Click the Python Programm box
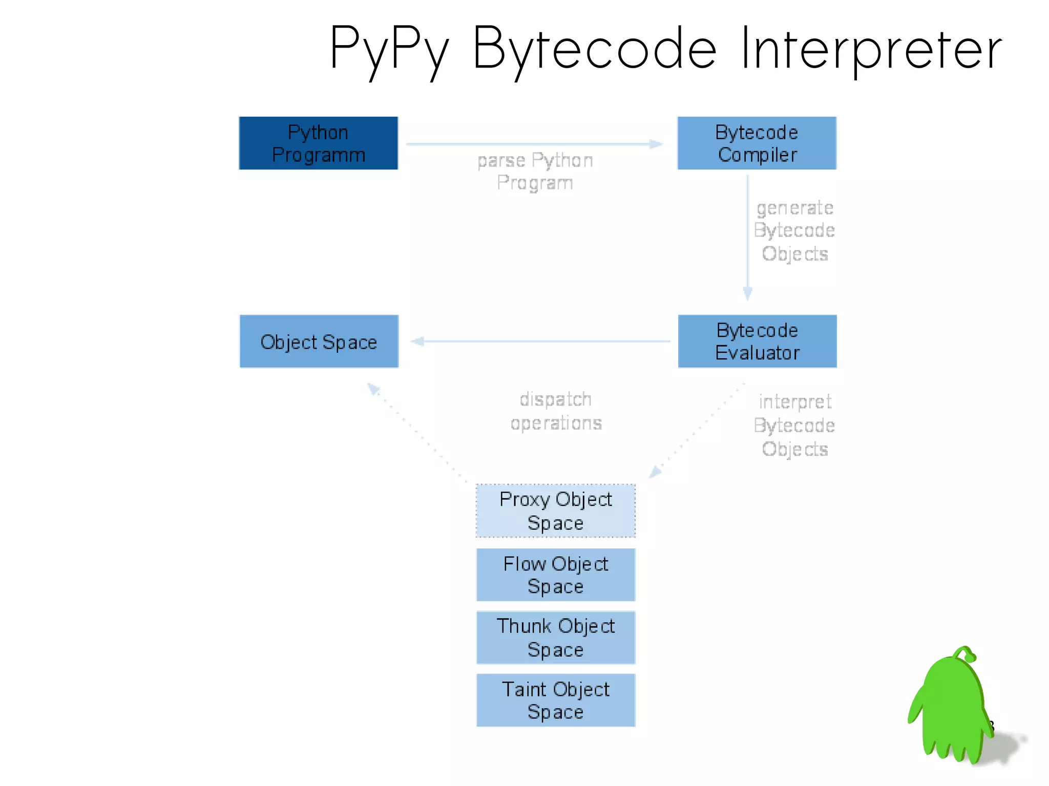[x=318, y=143]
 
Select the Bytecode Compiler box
[x=757, y=143]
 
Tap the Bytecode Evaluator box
[x=757, y=341]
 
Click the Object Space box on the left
[x=319, y=341]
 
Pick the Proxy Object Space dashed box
[x=556, y=511]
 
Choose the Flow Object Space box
[x=556, y=575]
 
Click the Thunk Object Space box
[x=556, y=638]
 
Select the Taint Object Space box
[x=556, y=700]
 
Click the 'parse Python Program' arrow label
[x=535, y=172]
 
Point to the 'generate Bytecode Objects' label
[x=794, y=230]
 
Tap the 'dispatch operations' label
[x=556, y=411]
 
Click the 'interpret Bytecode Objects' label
[x=794, y=425]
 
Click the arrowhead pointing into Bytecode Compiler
[x=656, y=144]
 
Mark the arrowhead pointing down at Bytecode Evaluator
[x=747, y=293]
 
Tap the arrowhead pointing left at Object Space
[x=417, y=341]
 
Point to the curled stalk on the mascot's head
[x=966, y=653]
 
